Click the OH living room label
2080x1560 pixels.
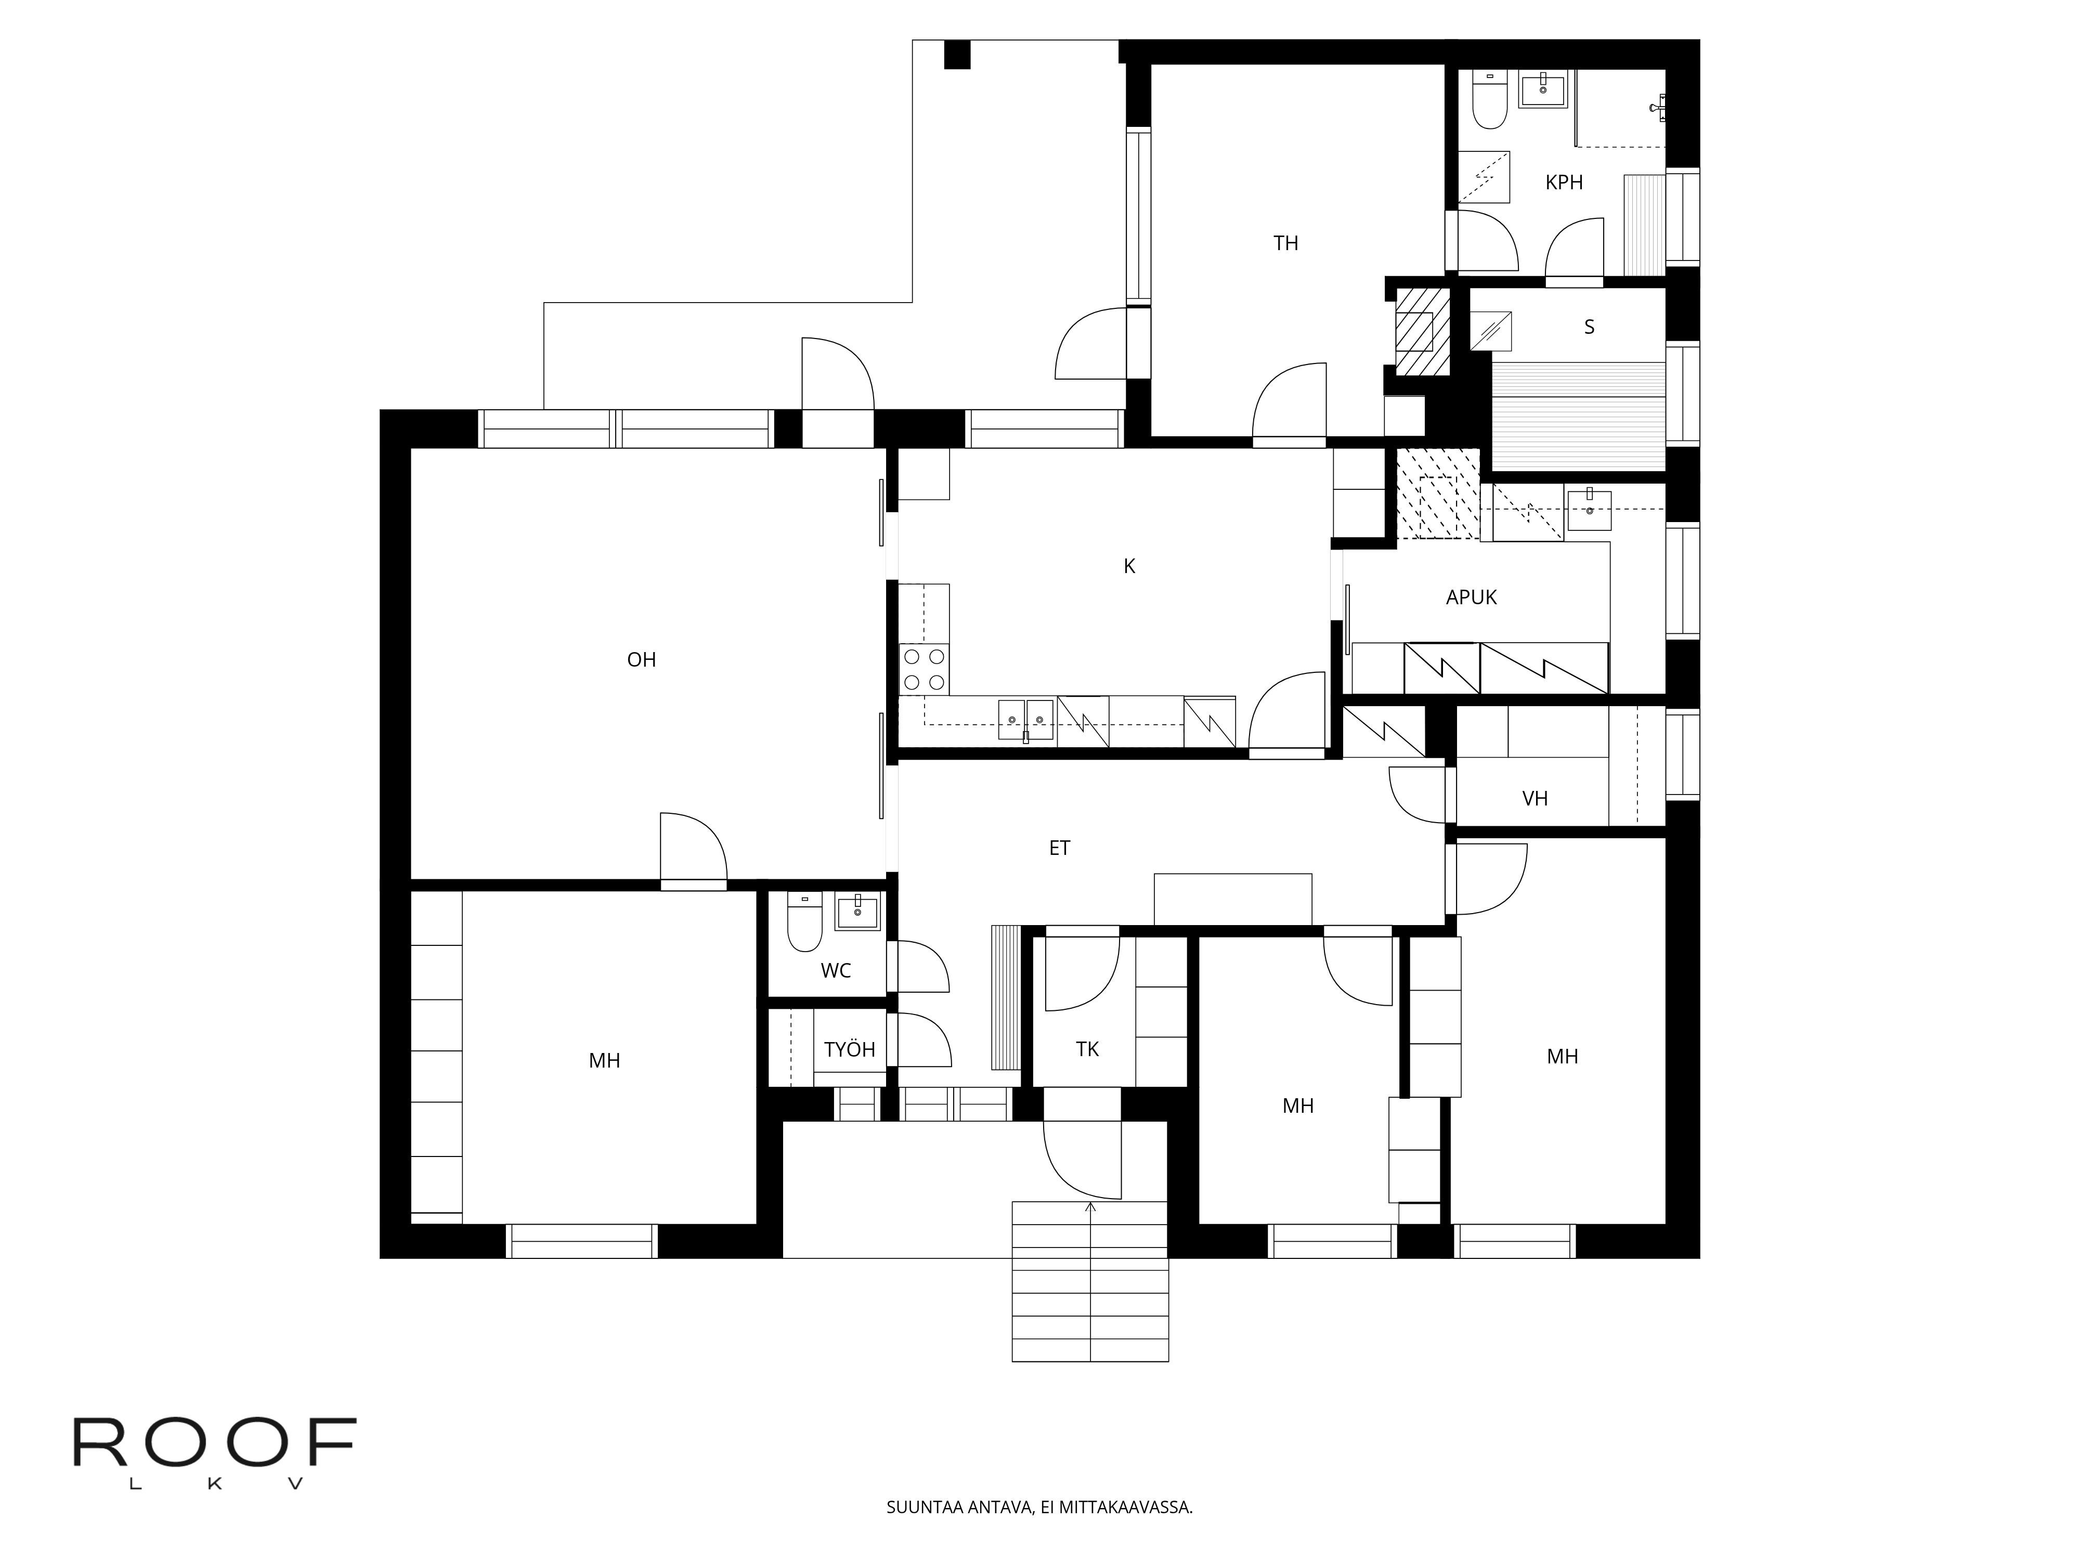coord(641,660)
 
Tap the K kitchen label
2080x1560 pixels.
coord(1129,566)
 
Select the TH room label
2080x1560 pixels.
coord(1285,243)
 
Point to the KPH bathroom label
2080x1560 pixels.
coord(1564,183)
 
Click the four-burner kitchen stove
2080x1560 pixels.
coord(924,670)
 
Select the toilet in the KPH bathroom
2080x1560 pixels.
coord(1489,103)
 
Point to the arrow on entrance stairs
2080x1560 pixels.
coord(1091,1206)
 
